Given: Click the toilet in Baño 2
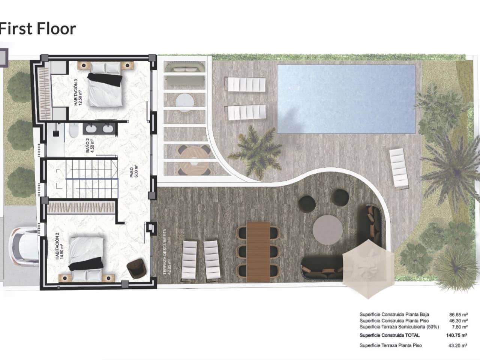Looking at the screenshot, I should pos(73,132).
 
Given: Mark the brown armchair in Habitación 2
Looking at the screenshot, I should pos(136,268).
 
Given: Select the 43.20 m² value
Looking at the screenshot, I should pos(458,345).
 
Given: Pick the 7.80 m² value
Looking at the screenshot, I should pos(459,327).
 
